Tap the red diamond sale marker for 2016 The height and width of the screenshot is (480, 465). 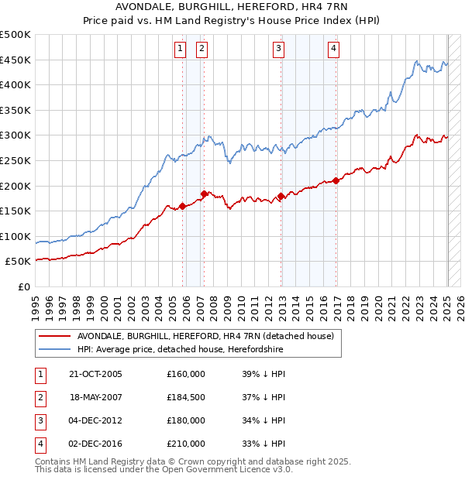(336, 181)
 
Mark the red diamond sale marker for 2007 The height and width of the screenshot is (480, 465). (204, 194)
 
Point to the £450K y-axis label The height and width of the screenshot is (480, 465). (15, 60)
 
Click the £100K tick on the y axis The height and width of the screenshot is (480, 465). (15, 236)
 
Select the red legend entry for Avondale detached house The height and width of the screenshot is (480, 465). (205, 336)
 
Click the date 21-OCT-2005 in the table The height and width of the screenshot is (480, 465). (95, 374)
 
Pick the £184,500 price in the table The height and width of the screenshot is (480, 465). (186, 397)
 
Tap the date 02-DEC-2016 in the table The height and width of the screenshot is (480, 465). (95, 444)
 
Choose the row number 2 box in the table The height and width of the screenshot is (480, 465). (40, 397)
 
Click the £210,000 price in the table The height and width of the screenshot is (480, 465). (186, 444)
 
